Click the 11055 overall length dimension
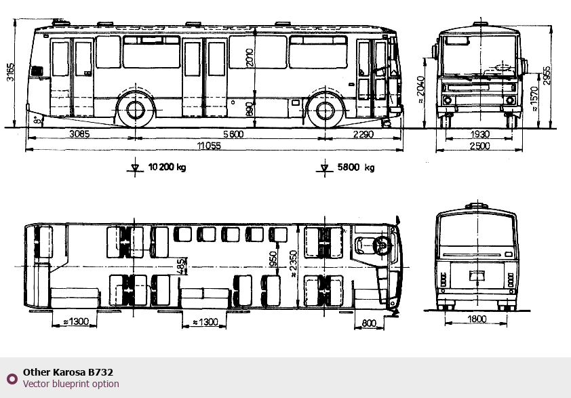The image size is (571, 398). tap(209, 146)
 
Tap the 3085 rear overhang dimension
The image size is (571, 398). tap(79, 134)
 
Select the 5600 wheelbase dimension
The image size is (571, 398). tap(233, 134)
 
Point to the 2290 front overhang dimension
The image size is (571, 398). tap(363, 134)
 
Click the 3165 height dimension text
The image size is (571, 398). tap(11, 72)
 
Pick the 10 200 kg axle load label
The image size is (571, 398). tap(167, 167)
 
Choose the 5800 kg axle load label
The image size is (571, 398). tap(356, 167)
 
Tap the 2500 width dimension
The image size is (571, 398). tap(479, 146)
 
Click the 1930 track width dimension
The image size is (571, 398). tap(479, 134)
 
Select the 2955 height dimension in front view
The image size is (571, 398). tap(547, 76)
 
